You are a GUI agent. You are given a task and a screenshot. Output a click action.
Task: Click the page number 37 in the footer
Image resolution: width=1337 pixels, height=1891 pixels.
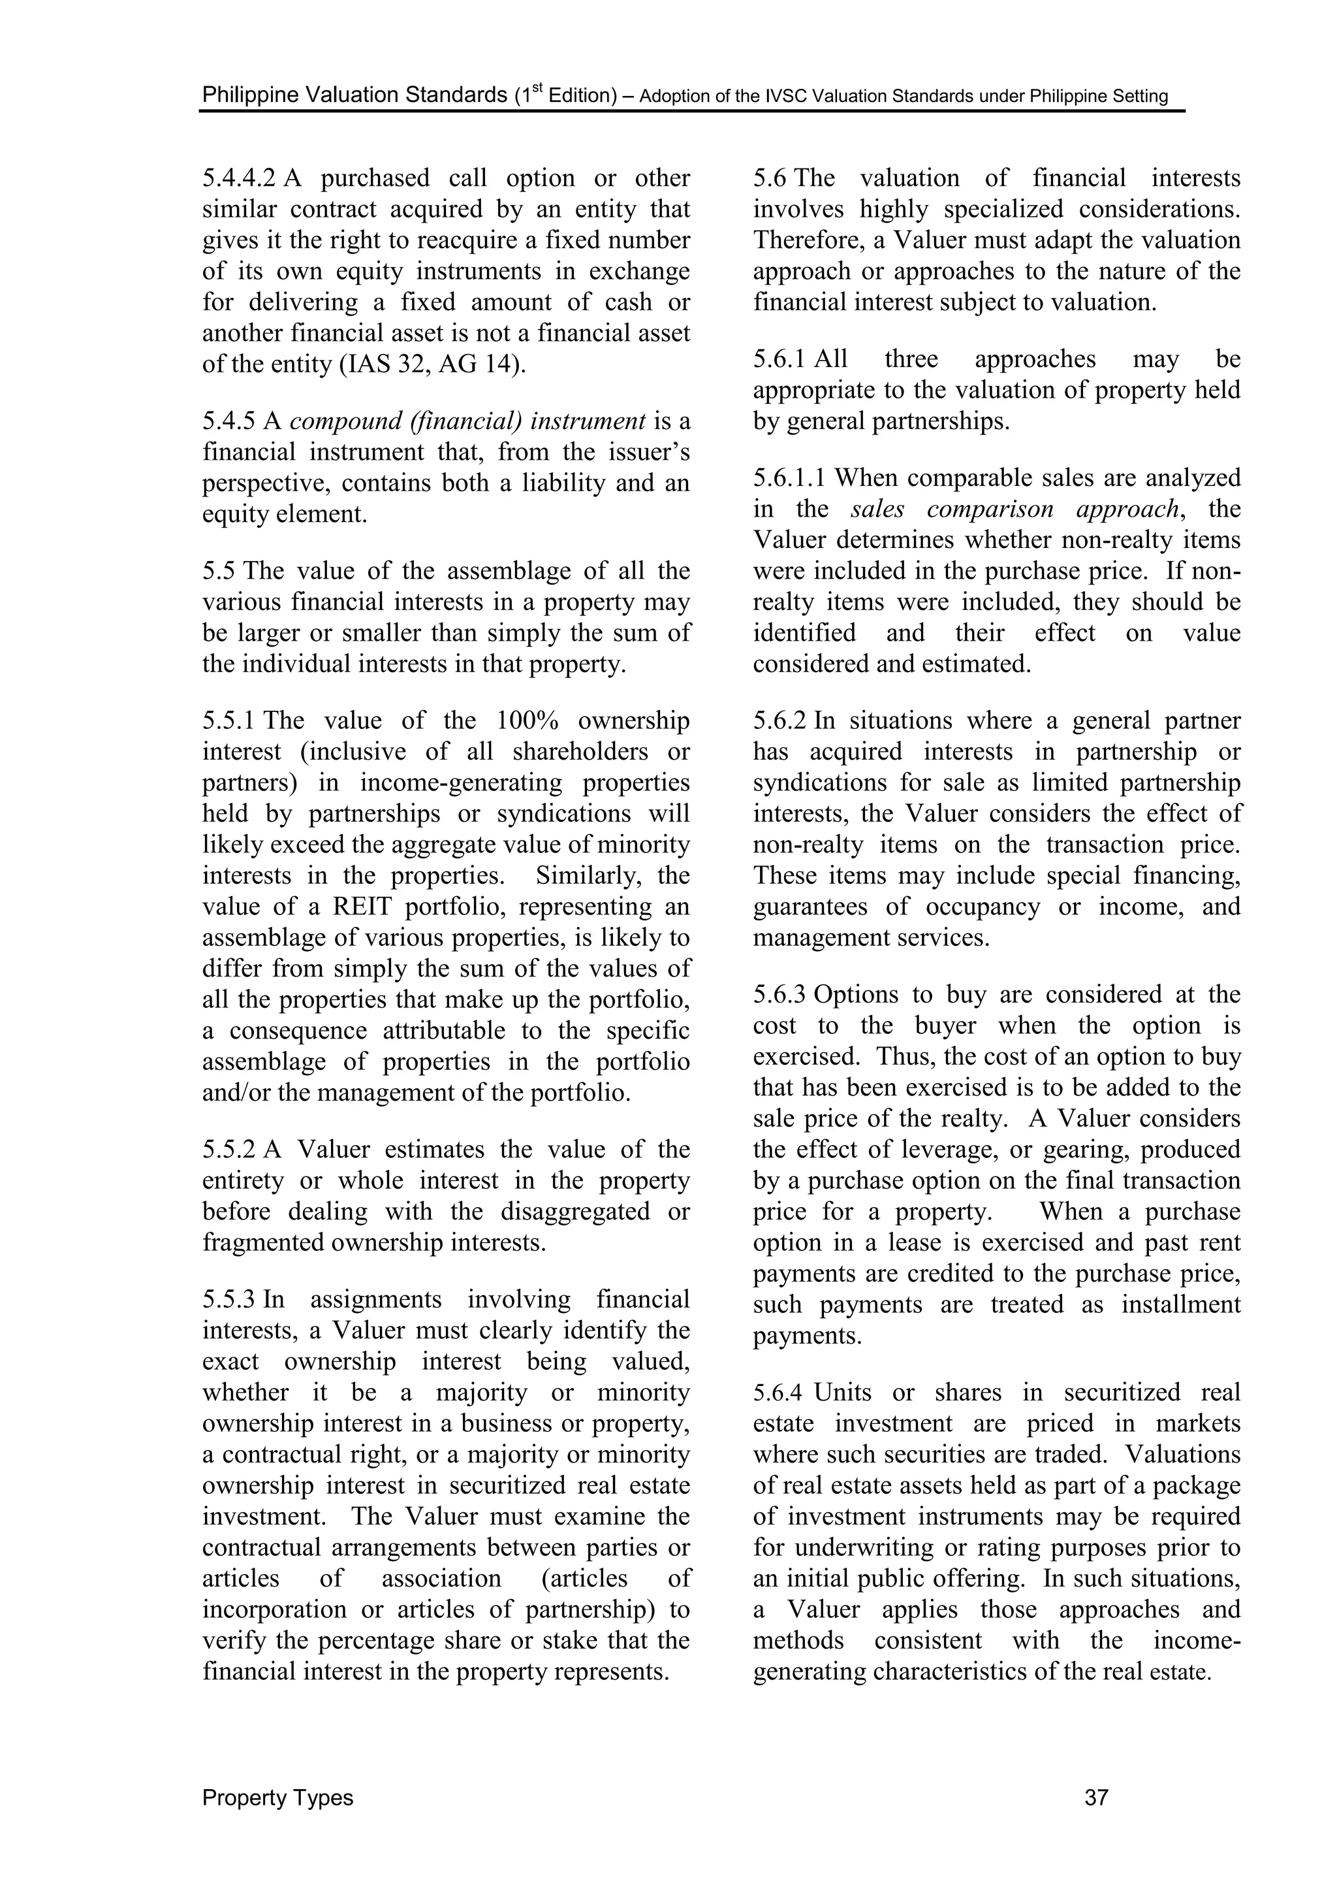pos(1096,1797)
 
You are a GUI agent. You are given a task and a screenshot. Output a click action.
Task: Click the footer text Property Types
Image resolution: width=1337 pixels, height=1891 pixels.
pos(277,1797)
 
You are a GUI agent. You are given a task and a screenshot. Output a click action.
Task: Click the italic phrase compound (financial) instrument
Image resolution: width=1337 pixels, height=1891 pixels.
pos(467,421)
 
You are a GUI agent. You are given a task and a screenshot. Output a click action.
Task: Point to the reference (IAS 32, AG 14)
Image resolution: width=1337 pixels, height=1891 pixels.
pos(432,364)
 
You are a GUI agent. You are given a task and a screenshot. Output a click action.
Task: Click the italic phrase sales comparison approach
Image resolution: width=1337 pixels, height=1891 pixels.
pos(1015,509)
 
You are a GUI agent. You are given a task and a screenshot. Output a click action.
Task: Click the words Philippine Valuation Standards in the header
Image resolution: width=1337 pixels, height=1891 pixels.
pos(354,95)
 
